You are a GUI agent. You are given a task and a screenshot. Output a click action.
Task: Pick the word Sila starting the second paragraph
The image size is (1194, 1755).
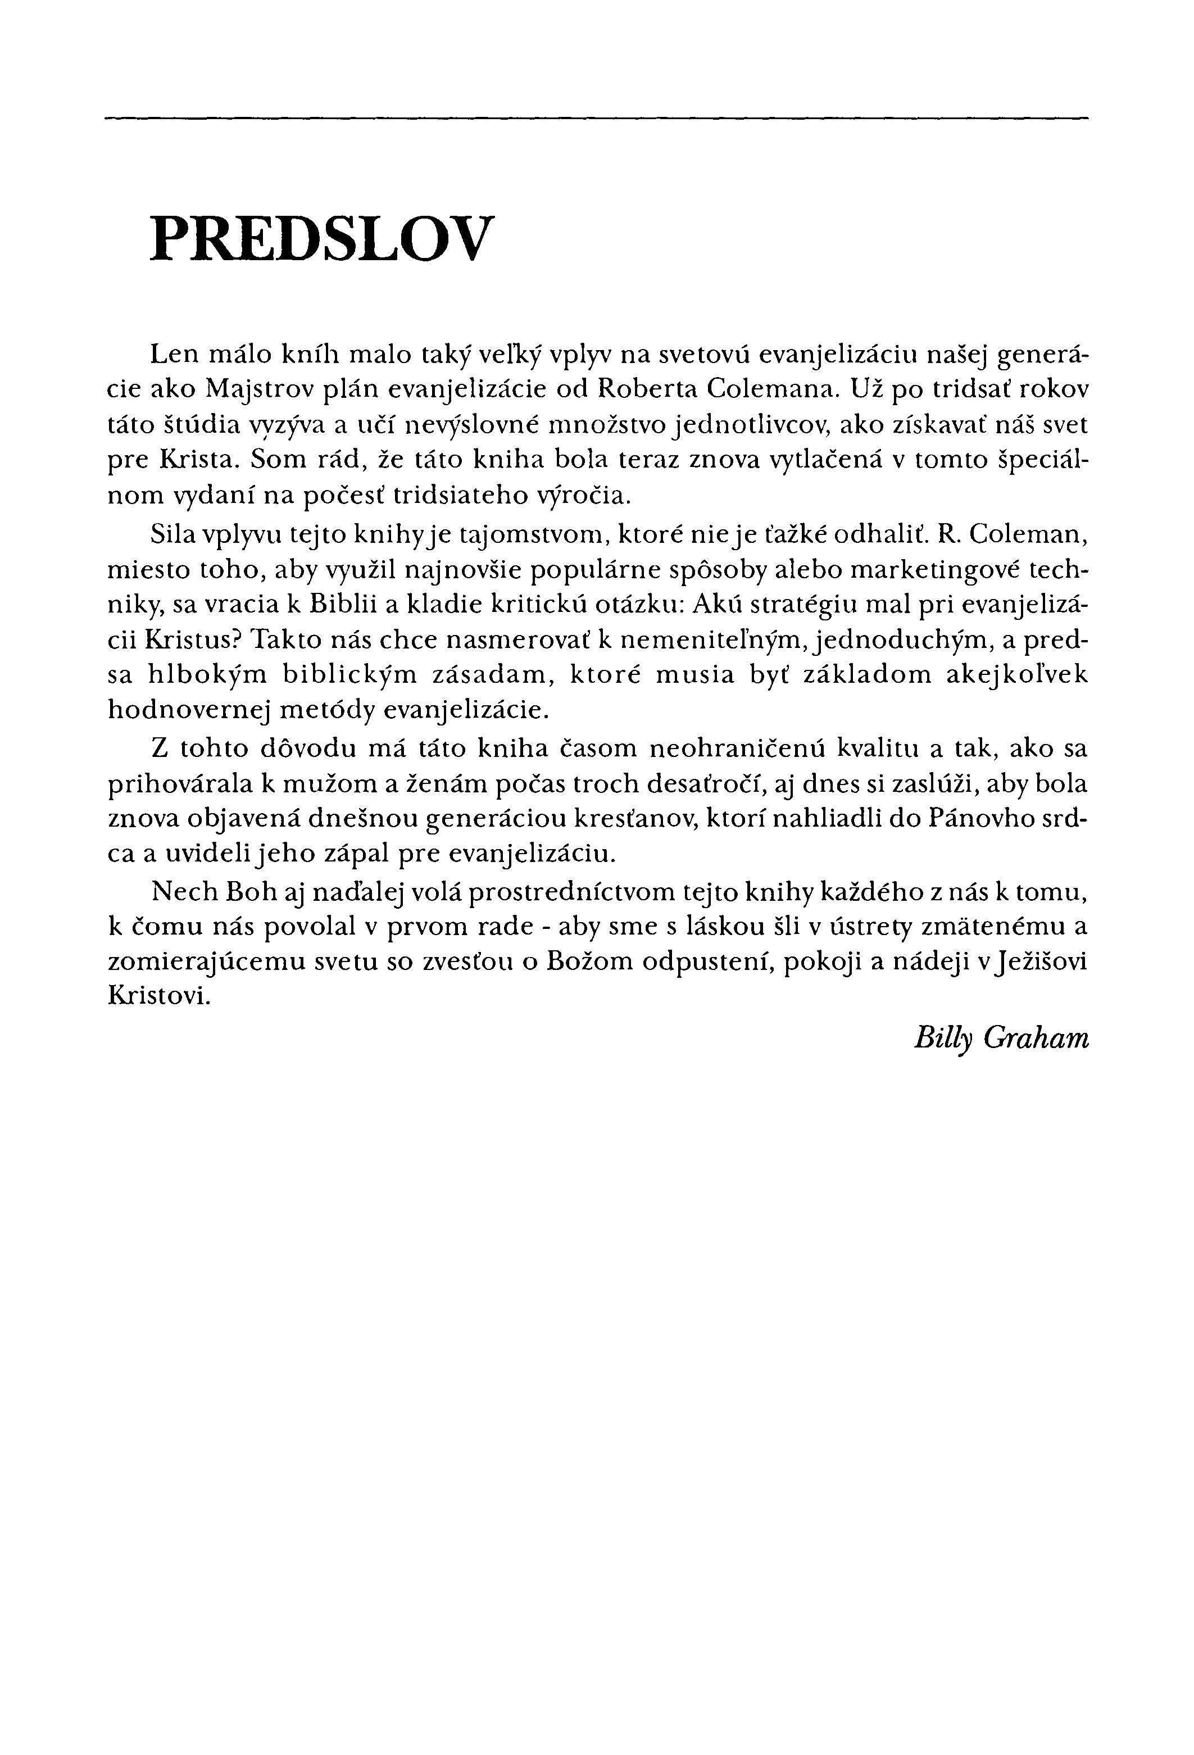coord(171,534)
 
